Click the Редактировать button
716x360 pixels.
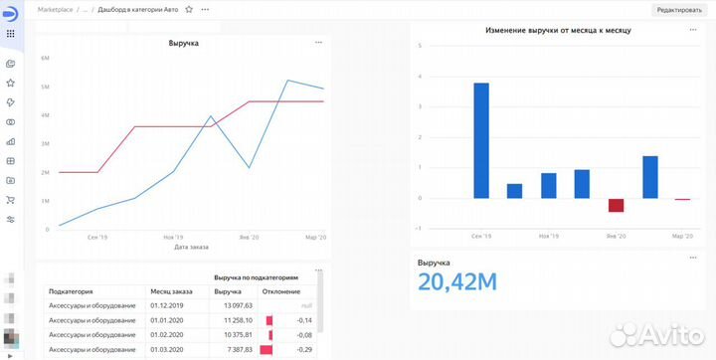tap(678, 9)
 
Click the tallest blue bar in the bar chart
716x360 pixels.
tap(481, 139)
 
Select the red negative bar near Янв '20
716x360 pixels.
tap(616, 205)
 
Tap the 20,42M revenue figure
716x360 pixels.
tap(457, 282)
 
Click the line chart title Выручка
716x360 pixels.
tap(183, 44)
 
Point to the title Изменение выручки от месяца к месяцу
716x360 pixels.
tap(558, 31)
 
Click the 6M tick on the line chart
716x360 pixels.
tap(46, 59)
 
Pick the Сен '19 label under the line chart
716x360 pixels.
tap(98, 238)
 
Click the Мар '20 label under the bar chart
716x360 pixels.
tap(682, 237)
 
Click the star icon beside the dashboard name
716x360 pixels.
tap(189, 9)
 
